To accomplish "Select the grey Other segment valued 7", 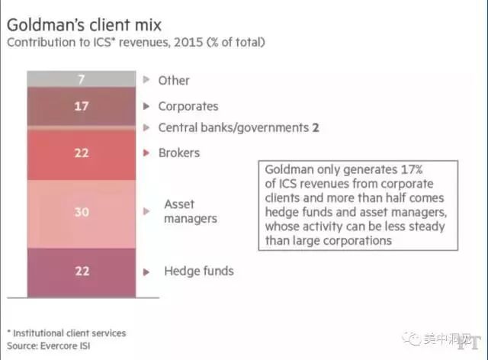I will click(x=81, y=79).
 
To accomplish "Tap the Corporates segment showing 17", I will click(x=81, y=106).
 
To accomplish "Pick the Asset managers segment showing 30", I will click(x=81, y=213).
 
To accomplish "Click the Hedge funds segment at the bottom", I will click(x=81, y=272).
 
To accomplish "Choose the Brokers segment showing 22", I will click(x=81, y=153).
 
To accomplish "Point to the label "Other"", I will click(x=174, y=80).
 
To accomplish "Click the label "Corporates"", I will click(x=188, y=107).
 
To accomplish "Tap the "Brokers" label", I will click(x=179, y=153).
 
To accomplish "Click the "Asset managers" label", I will click(x=191, y=211).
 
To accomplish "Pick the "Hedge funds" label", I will click(x=199, y=271).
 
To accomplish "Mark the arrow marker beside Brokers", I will click(x=146, y=153).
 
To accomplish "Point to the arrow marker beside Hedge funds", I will click(x=146, y=271).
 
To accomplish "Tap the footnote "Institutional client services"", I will click(x=70, y=333).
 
